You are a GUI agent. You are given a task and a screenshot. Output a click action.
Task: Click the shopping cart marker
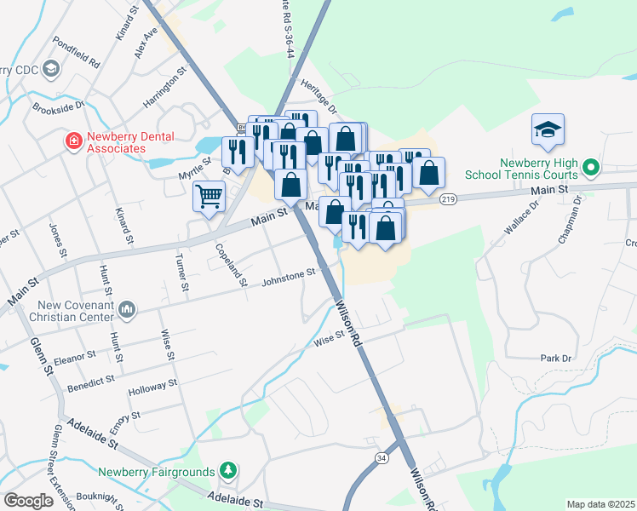[x=209, y=197]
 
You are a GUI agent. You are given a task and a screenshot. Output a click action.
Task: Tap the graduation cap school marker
[x=548, y=129]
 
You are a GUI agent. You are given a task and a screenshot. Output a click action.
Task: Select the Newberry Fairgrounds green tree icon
[x=227, y=469]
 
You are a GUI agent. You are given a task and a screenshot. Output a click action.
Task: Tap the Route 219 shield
[x=448, y=199]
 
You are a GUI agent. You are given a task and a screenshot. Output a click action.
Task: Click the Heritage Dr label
[x=319, y=98]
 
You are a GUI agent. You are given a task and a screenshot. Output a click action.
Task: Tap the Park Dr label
[x=555, y=359]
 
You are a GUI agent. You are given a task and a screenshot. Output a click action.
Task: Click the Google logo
[x=28, y=501]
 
